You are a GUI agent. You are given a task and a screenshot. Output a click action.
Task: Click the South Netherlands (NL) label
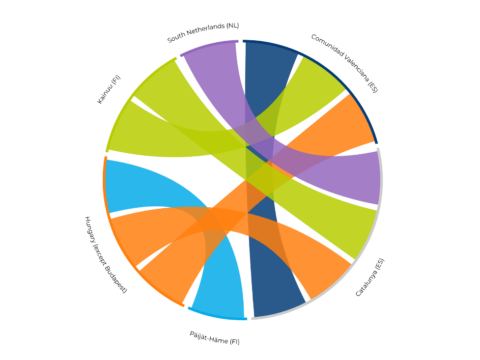(x=203, y=32)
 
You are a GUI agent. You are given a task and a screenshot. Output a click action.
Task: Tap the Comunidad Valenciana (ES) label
(x=344, y=63)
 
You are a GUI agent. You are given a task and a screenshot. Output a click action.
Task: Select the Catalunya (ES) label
(x=370, y=277)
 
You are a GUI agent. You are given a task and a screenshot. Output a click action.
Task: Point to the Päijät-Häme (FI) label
(x=215, y=337)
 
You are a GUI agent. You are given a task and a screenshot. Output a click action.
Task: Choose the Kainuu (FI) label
(x=109, y=89)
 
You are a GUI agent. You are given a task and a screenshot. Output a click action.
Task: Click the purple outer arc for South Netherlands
(x=209, y=47)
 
